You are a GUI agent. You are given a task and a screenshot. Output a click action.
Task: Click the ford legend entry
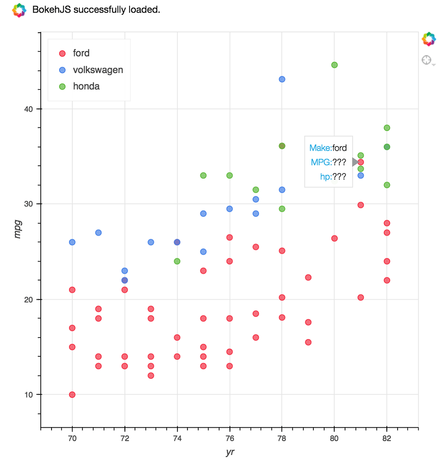click(81, 53)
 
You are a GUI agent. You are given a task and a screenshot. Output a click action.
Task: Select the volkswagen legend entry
click(97, 70)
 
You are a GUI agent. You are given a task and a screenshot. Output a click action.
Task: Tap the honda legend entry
click(86, 87)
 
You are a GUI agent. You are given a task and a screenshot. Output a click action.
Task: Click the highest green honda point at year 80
click(334, 65)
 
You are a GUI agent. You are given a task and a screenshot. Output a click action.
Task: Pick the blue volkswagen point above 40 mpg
click(282, 79)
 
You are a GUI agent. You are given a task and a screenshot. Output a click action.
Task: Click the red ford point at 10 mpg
click(72, 395)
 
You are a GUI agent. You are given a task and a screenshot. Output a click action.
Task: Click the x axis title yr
click(230, 452)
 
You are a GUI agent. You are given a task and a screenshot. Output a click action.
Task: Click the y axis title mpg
click(18, 229)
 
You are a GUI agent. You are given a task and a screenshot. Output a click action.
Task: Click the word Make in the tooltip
click(320, 148)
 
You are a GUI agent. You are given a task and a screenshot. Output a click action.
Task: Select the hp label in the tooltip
click(325, 177)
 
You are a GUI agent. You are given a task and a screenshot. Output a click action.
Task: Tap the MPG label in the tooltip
click(321, 163)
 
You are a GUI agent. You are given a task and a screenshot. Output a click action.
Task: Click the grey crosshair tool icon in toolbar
click(427, 60)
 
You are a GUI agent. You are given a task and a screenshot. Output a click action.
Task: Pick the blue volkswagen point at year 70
click(72, 242)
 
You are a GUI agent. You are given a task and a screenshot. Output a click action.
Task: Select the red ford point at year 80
click(334, 238)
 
